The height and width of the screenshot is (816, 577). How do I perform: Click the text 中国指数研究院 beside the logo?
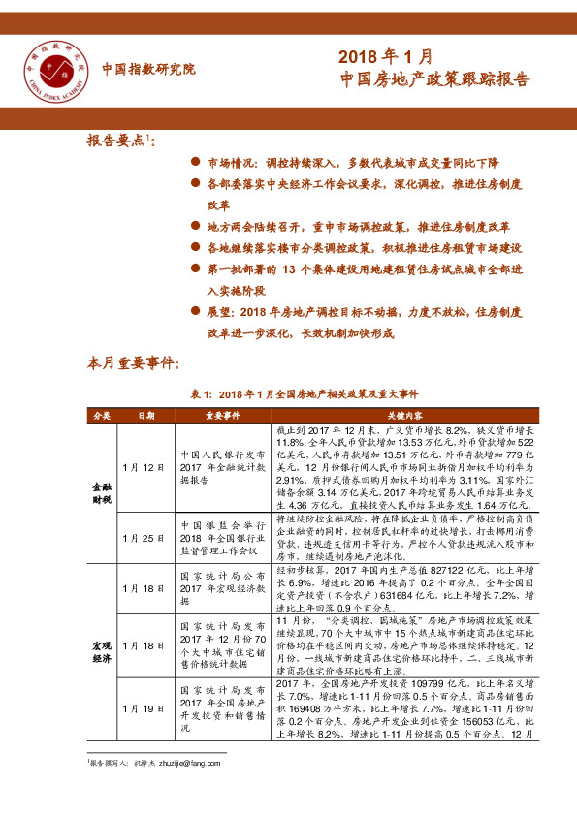click(147, 69)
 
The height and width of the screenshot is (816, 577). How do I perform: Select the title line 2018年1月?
click(385, 58)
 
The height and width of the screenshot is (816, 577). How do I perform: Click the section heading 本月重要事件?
click(133, 364)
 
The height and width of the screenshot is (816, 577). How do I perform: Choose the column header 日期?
click(144, 415)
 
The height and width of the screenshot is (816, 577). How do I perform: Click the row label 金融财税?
click(102, 492)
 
